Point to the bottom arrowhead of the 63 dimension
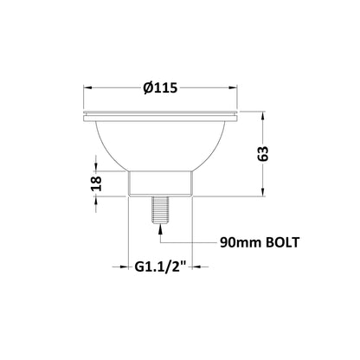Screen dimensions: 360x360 [x=264, y=195]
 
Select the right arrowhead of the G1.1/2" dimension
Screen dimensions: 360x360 [x=192, y=271]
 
